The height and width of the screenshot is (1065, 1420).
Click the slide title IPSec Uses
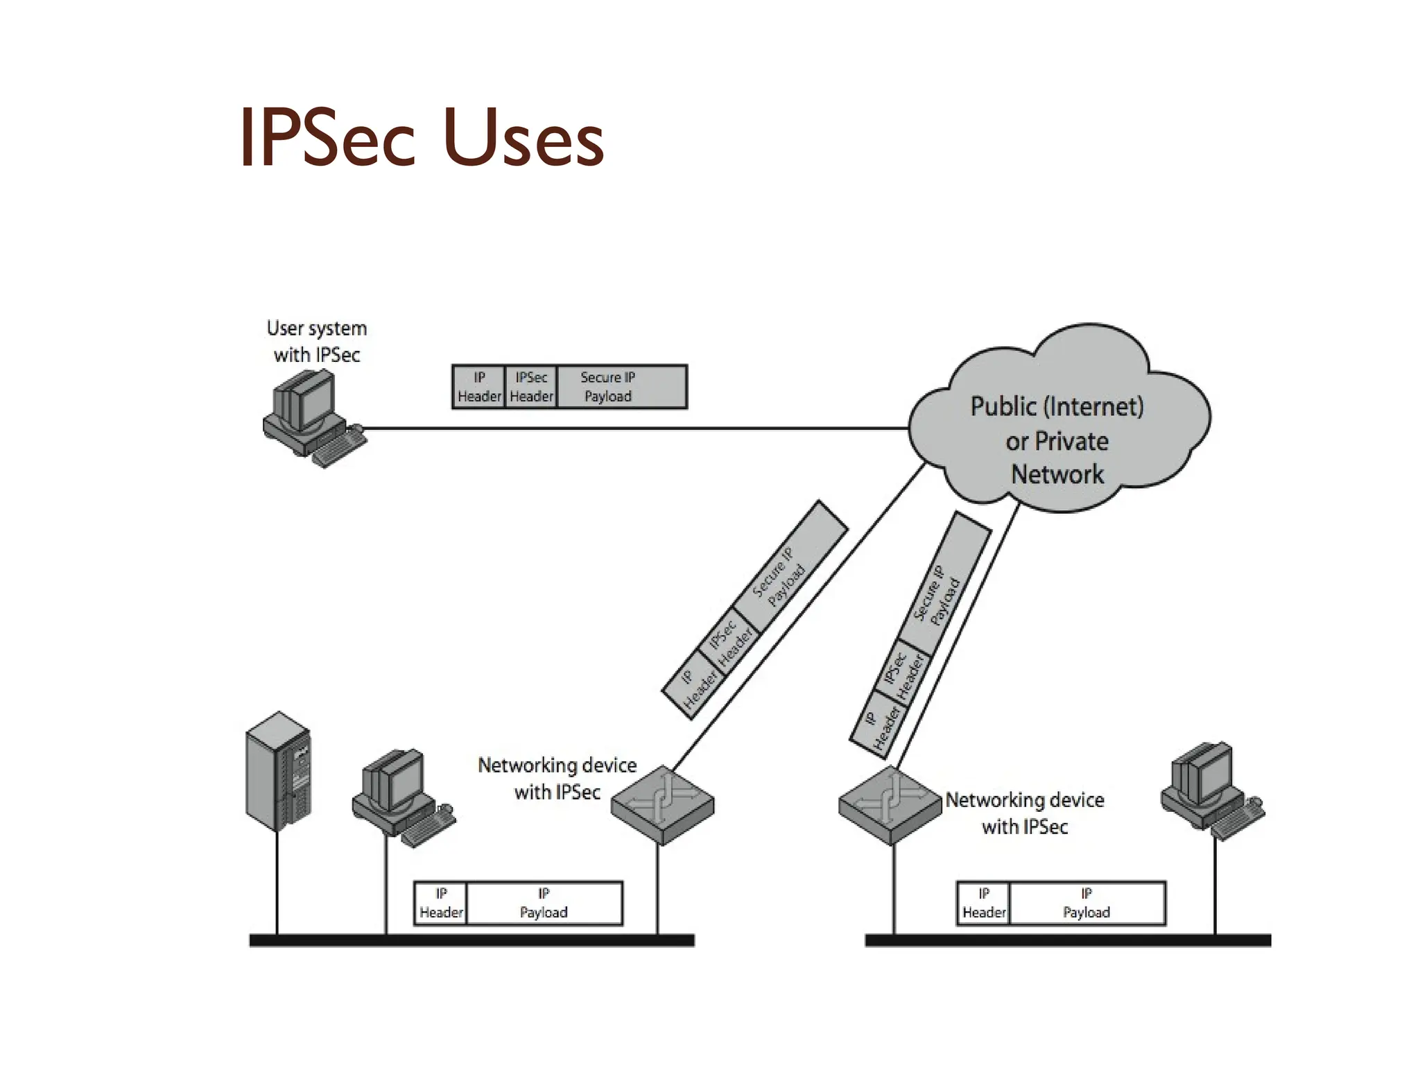[x=422, y=139]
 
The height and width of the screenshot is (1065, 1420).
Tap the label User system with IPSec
[x=317, y=341]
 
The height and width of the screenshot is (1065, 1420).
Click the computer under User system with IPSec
[x=312, y=419]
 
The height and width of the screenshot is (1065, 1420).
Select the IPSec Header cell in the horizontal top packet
[x=531, y=387]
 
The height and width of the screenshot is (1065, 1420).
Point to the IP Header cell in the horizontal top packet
[x=478, y=387]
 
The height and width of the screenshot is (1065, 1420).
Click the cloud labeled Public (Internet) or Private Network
[x=1057, y=423]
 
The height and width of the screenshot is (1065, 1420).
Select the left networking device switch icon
[x=662, y=804]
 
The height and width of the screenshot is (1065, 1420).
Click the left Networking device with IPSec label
[x=557, y=778]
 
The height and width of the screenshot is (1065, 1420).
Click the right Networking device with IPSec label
[x=1025, y=813]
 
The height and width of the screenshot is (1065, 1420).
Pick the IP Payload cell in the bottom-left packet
[x=544, y=903]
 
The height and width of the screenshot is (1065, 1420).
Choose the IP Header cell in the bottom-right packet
[x=983, y=903]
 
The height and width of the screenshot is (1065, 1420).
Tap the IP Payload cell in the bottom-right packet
[x=1086, y=903]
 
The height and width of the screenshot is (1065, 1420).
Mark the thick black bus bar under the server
[x=471, y=940]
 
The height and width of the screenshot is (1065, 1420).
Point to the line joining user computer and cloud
[x=624, y=428]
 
